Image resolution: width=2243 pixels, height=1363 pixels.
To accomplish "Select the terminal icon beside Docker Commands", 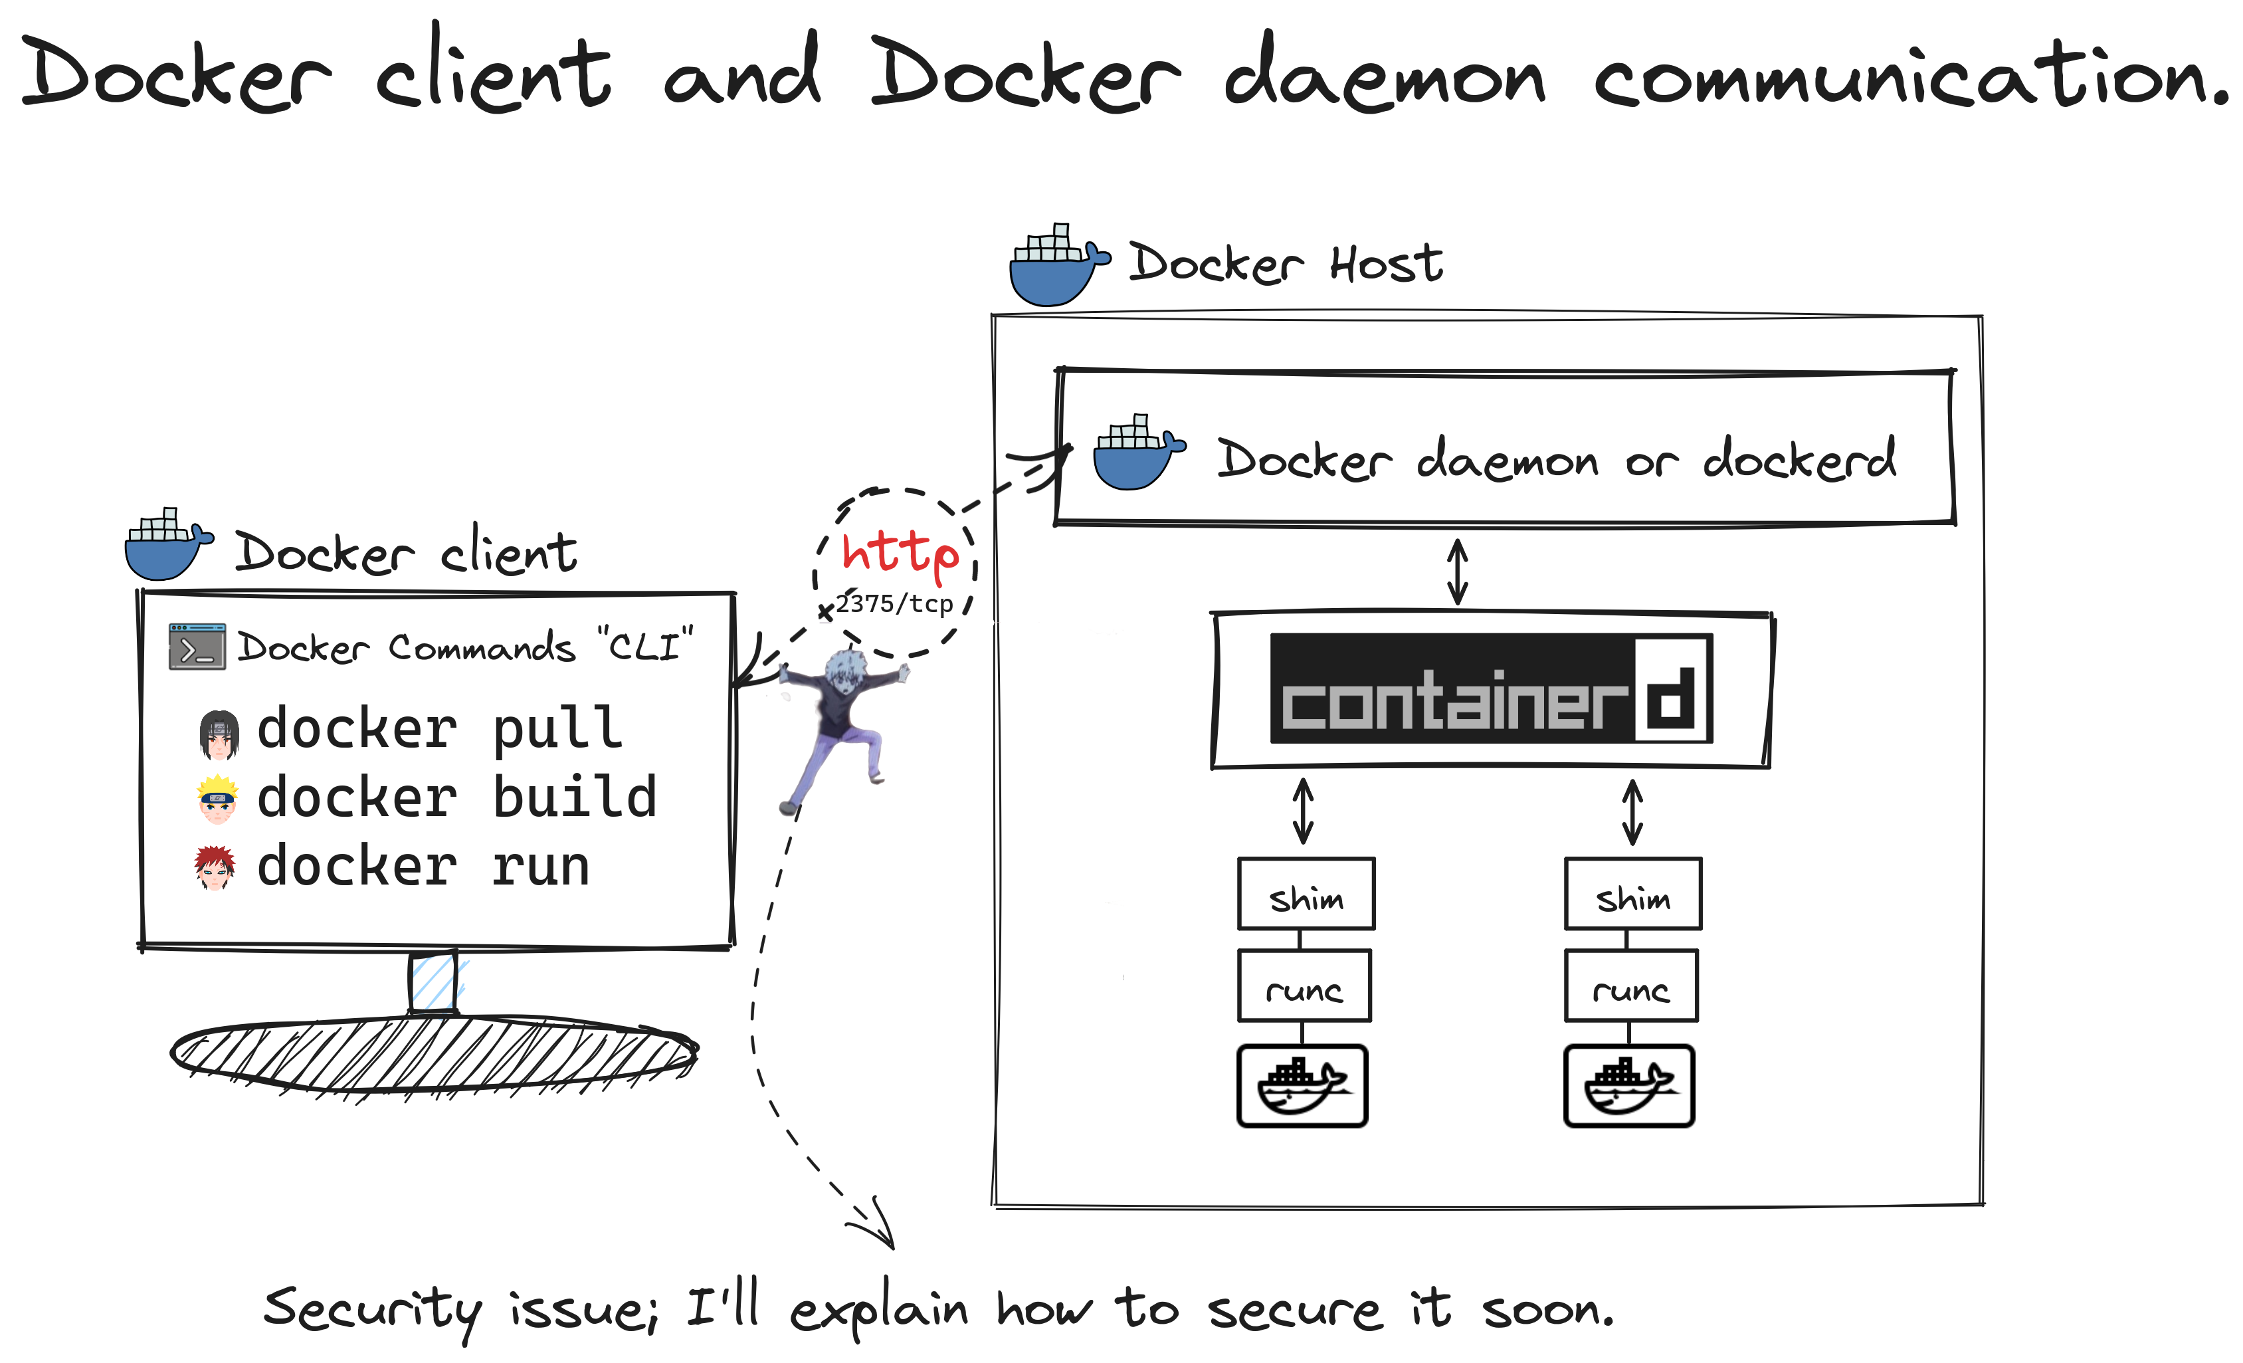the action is (197, 647).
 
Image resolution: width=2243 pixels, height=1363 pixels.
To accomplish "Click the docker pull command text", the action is (440, 728).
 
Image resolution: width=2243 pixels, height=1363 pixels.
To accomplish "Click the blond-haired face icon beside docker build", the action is (217, 799).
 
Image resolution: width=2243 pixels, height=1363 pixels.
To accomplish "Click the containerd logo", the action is (1491, 688).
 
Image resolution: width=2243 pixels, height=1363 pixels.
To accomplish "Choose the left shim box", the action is (1306, 893).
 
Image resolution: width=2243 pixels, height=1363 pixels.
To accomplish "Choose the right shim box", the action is (1633, 893).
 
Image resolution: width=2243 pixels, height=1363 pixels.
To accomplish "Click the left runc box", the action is (1304, 986).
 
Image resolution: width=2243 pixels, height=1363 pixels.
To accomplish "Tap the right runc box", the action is (1631, 986).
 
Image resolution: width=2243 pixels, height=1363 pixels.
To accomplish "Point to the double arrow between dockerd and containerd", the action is (1458, 571).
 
